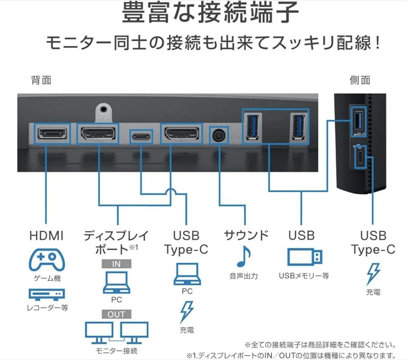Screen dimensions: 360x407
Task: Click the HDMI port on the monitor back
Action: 52,133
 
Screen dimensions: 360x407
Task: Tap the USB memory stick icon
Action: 305,257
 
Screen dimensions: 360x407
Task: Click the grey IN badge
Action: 116,264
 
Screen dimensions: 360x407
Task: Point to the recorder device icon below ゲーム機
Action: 47,294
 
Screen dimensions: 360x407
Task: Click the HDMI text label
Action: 46,236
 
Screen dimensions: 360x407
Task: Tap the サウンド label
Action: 246,235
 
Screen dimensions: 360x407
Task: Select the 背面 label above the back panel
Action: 41,80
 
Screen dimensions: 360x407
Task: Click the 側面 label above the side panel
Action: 360,80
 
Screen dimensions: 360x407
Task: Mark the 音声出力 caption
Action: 243,276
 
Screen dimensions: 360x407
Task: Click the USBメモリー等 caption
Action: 304,276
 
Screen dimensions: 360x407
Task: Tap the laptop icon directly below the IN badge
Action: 116,283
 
